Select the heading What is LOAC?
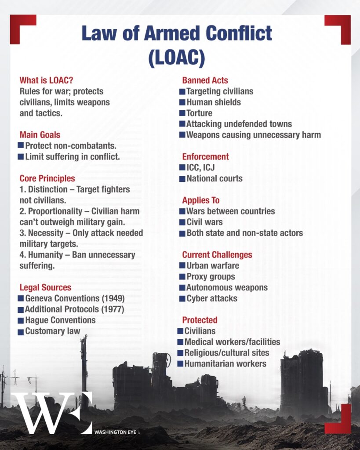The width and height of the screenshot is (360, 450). coord(46,80)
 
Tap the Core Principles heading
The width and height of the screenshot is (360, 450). coord(47,178)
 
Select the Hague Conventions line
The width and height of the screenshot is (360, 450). coord(60,320)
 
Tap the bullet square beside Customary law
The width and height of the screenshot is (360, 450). coord(21,332)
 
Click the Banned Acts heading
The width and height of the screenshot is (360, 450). coord(205,80)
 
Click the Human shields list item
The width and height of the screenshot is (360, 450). coord(214,102)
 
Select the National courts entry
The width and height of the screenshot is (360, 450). coord(215,178)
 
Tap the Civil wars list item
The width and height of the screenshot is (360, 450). coord(204,222)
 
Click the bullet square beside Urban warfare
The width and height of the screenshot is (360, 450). coord(182,266)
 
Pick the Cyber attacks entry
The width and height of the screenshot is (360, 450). coord(212,298)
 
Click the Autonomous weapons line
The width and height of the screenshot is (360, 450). coord(227,287)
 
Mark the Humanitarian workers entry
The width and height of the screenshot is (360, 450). coord(225,363)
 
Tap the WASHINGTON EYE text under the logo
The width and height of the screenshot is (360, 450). coord(116,432)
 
